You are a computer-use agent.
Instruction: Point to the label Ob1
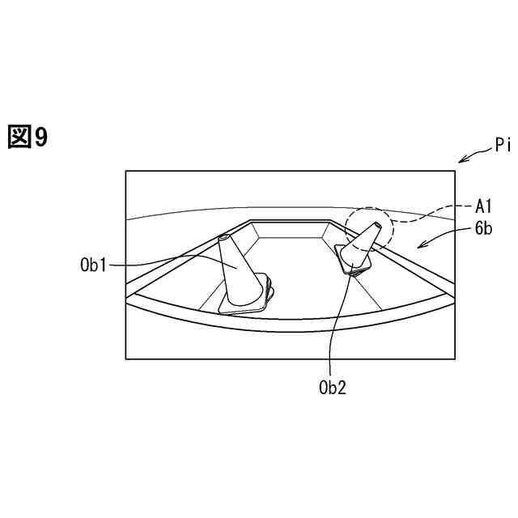tap(93, 265)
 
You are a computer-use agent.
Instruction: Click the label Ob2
tap(333, 387)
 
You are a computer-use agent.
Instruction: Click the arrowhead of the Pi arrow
tap(460, 161)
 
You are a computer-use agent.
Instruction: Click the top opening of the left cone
tap(223, 238)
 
